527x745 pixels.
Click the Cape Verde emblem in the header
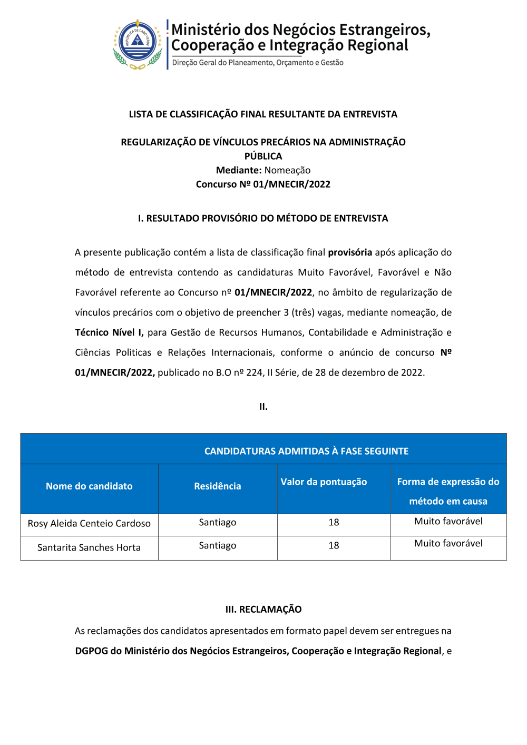pyautogui.click(x=138, y=45)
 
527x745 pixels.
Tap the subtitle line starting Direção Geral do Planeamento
pyautogui.click(x=258, y=63)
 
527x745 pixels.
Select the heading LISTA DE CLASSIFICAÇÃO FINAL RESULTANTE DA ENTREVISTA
pyautogui.click(x=263, y=114)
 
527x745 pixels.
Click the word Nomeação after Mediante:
pyautogui.click(x=287, y=170)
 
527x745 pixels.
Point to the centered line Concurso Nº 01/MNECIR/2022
pyautogui.click(x=263, y=184)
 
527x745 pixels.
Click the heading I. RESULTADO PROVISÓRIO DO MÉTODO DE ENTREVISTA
pyautogui.click(x=263, y=219)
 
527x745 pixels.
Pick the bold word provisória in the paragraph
pyautogui.click(x=350, y=252)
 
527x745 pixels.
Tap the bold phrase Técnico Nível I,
pyautogui.click(x=109, y=332)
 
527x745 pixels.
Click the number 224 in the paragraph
pyautogui.click(x=254, y=372)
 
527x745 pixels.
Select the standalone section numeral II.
pyautogui.click(x=263, y=407)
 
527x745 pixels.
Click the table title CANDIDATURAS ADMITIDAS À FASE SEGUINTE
pyautogui.click(x=306, y=451)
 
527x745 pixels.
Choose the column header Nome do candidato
pyautogui.click(x=89, y=486)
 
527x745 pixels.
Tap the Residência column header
pyautogui.click(x=217, y=486)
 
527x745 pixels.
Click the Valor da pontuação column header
pyautogui.click(x=324, y=482)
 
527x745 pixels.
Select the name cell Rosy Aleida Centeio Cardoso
pyautogui.click(x=89, y=524)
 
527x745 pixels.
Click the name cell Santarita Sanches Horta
pyautogui.click(x=89, y=548)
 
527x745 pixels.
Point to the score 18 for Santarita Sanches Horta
pyautogui.click(x=334, y=546)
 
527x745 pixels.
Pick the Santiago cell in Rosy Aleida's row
pyautogui.click(x=217, y=523)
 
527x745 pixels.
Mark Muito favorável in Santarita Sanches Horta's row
pyautogui.click(x=448, y=544)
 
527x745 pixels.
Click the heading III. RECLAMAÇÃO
pyautogui.click(x=263, y=610)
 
